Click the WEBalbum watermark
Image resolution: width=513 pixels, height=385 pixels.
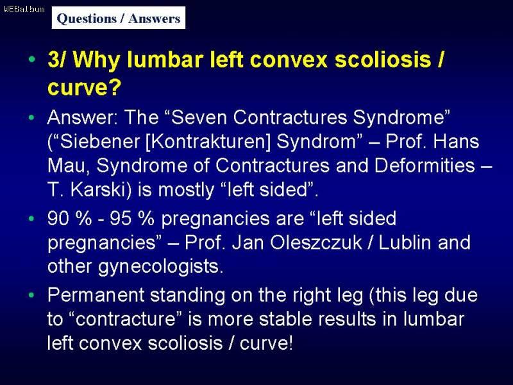pos(24,9)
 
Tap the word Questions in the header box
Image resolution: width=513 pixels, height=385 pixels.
pos(87,19)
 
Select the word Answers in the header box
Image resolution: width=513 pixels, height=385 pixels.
pos(154,19)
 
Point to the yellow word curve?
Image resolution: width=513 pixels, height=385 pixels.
pos(85,87)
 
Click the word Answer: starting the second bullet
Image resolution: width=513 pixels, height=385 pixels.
pos(83,117)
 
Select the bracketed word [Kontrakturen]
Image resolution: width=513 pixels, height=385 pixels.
pos(207,142)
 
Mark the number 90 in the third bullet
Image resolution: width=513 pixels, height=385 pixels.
pos(58,218)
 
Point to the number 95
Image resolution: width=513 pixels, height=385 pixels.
pos(121,218)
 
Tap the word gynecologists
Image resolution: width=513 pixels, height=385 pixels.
pos(161,267)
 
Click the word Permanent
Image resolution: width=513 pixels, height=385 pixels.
pos(96,295)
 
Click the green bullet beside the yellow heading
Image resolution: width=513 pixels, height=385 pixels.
pos(31,59)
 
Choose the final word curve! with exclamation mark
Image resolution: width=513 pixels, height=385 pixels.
pos(266,343)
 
